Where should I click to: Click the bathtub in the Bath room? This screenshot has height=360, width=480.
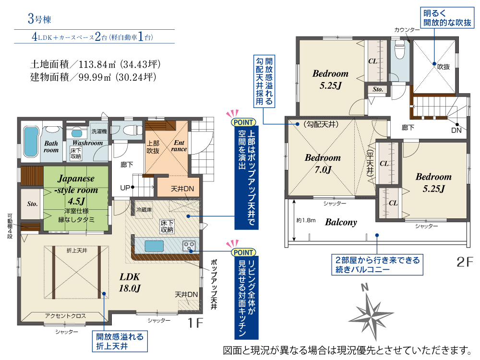[x=31, y=142]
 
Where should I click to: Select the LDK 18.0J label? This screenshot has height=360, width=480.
[x=130, y=282]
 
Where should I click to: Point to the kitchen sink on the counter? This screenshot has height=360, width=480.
[x=154, y=246]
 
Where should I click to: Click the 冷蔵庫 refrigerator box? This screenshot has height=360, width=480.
[x=144, y=210]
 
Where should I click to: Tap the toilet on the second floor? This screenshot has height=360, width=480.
[x=400, y=49]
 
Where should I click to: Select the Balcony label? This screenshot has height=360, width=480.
[x=341, y=222]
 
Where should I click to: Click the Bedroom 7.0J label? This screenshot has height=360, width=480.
[x=323, y=163]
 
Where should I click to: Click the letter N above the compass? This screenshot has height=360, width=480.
[x=364, y=287]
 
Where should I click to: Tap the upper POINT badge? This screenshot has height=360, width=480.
[x=243, y=122]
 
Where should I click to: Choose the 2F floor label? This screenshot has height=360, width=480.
[x=465, y=262]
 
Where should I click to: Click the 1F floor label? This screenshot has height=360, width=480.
[x=195, y=323]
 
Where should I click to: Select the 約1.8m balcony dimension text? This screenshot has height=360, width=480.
[x=306, y=220]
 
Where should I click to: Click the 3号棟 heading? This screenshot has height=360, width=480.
[x=39, y=19]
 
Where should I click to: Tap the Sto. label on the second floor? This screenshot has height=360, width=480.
[x=378, y=89]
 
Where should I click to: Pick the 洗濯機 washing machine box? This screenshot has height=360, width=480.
[x=99, y=132]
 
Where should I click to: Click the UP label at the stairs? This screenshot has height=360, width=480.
[x=125, y=188]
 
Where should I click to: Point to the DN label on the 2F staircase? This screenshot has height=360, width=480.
[x=456, y=130]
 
